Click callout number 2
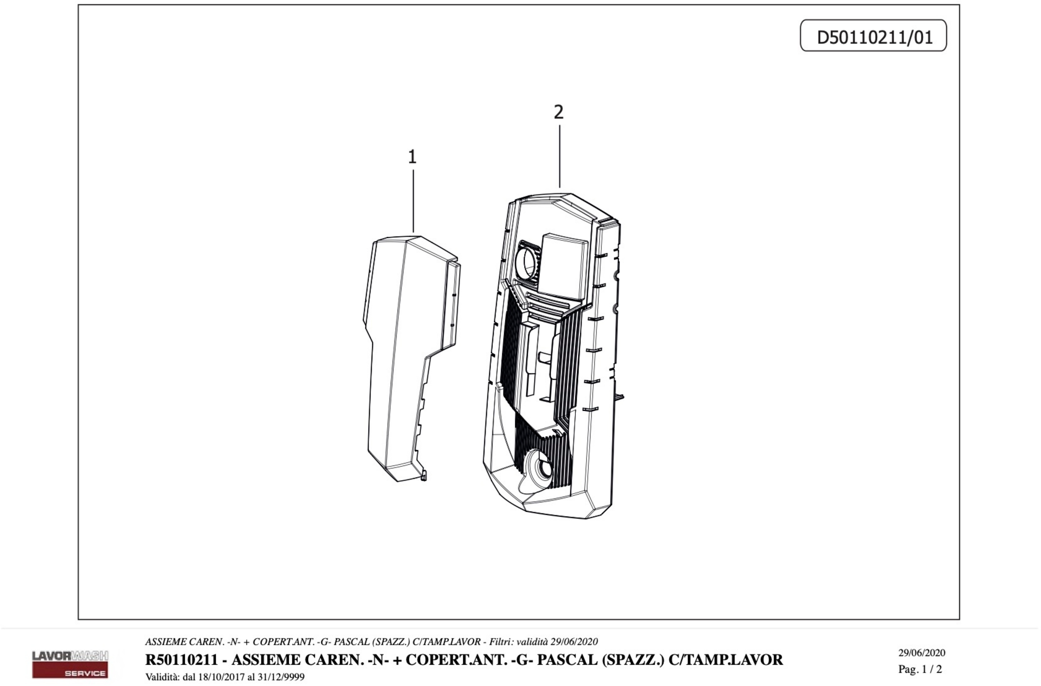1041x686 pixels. click(558, 113)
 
